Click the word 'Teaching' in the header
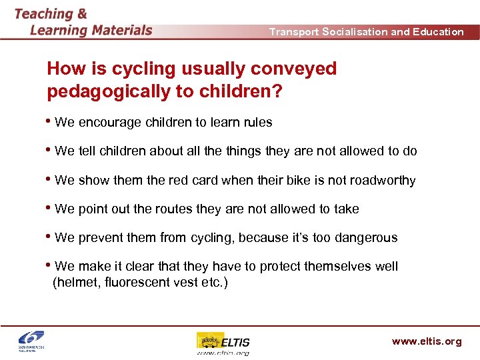(x=43, y=13)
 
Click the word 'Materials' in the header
(x=122, y=30)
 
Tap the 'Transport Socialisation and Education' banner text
(x=366, y=31)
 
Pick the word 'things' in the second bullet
(x=243, y=151)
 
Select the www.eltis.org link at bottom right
(x=426, y=341)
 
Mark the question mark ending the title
(x=275, y=91)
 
